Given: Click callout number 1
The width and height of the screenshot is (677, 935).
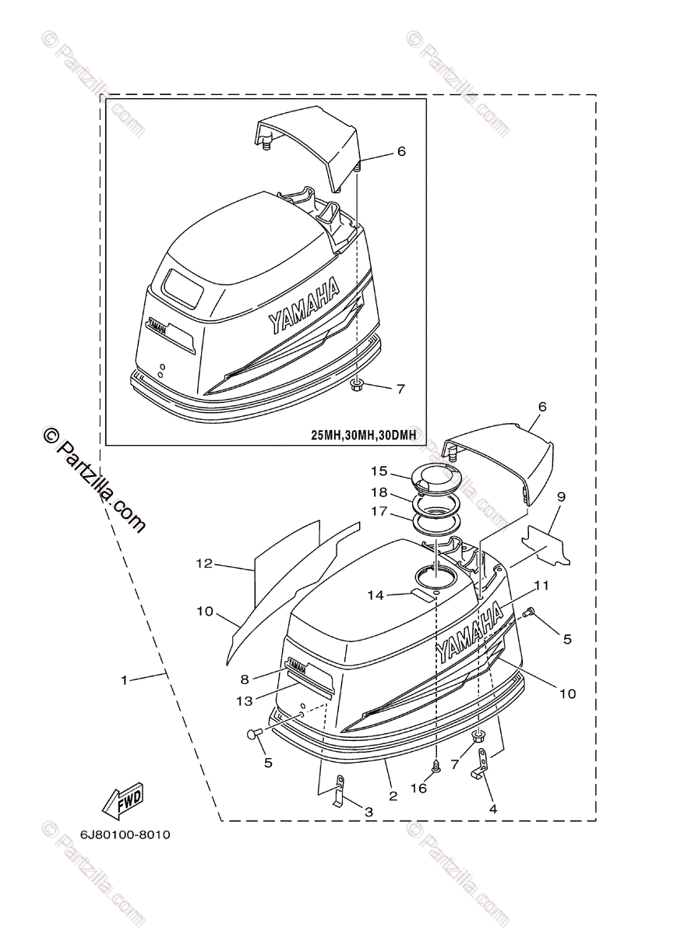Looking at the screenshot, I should pyautogui.click(x=124, y=679).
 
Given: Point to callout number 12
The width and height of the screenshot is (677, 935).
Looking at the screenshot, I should pyautogui.click(x=204, y=563).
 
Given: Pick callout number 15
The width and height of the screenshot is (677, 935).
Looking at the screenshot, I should pyautogui.click(x=379, y=471).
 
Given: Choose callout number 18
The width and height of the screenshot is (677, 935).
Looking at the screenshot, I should pyautogui.click(x=379, y=492).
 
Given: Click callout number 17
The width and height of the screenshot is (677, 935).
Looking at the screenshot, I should pyautogui.click(x=379, y=513).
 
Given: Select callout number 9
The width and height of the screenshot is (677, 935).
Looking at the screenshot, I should pyautogui.click(x=561, y=496).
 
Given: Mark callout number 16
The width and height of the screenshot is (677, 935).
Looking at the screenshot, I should pyautogui.click(x=418, y=789).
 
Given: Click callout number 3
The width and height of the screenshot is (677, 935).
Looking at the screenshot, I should pyautogui.click(x=368, y=812).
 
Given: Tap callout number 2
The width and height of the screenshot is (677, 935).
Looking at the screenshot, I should pyautogui.click(x=393, y=796).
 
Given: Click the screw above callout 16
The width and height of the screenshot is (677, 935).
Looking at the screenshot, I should pyautogui.click(x=437, y=766).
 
